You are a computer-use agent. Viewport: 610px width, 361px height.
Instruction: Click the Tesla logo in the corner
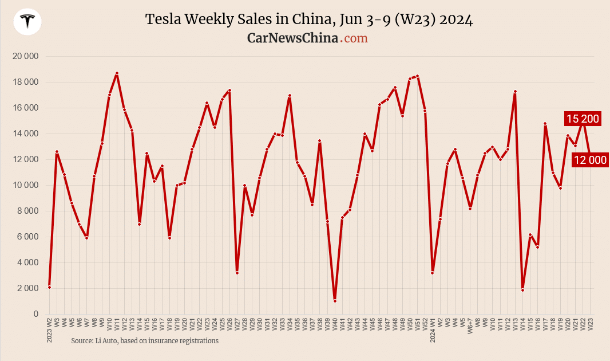[x=27, y=22]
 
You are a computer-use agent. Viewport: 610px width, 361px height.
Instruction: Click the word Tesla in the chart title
[x=162, y=20]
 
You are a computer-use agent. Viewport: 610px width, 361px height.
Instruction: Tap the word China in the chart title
[x=308, y=20]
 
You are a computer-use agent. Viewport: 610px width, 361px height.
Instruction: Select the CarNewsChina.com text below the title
[x=307, y=38]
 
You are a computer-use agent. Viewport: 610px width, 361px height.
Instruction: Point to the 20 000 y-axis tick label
[x=25, y=56]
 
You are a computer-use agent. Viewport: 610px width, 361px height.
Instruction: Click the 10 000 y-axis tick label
[x=25, y=185]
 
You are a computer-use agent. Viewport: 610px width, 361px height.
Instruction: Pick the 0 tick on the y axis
[x=35, y=314]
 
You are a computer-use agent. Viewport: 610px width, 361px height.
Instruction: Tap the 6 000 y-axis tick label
[x=26, y=237]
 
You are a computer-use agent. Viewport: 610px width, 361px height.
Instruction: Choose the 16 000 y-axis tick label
[x=25, y=108]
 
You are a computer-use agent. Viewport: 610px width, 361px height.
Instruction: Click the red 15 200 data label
[x=583, y=119]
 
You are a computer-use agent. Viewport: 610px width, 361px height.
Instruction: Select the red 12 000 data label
[x=590, y=160]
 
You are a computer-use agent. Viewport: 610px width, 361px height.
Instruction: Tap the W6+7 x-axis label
[x=470, y=327]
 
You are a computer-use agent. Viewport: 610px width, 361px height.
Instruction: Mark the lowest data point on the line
[x=335, y=301]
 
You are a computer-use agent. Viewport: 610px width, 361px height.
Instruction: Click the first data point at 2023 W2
[x=50, y=287]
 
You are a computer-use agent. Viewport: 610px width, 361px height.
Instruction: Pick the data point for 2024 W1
[x=433, y=273]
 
